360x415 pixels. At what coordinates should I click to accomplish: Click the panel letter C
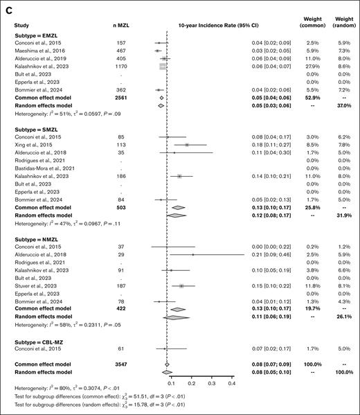click(8, 6)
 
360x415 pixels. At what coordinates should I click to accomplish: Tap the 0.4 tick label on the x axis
click(231, 382)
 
